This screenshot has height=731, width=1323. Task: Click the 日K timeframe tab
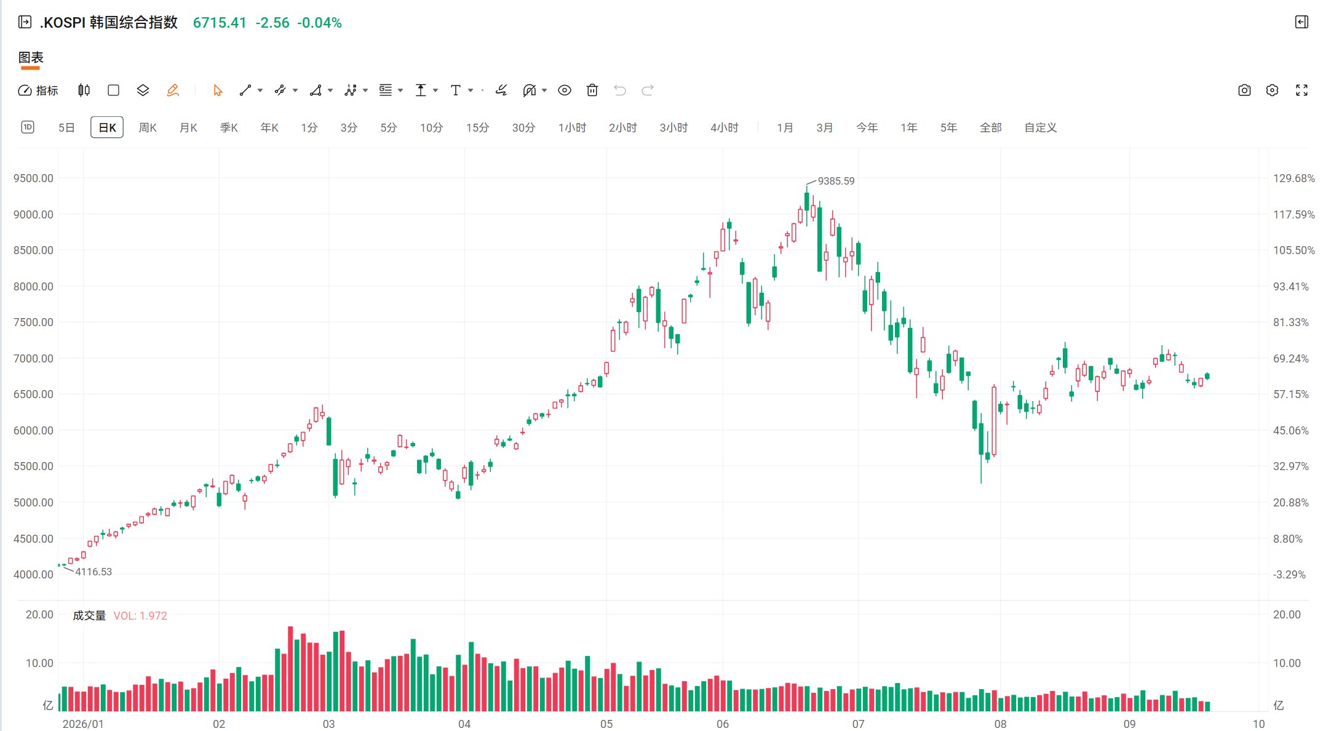[x=107, y=127]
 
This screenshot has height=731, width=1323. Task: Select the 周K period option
[x=148, y=127]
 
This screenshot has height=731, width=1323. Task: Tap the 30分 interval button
[x=523, y=127]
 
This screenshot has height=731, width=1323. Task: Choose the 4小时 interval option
[x=724, y=127]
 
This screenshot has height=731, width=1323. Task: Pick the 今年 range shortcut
[x=867, y=127]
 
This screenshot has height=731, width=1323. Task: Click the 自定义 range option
[x=1040, y=127]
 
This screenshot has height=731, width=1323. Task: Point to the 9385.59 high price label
[x=836, y=181]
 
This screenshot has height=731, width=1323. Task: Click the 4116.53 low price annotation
[x=93, y=572]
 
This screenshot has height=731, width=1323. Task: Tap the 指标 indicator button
[x=38, y=90]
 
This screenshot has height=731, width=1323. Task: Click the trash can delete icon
[x=592, y=90]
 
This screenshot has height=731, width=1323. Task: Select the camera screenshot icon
[x=1244, y=90]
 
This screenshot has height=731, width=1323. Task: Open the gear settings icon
[x=1272, y=90]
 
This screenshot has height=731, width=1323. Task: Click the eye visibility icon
[x=564, y=90]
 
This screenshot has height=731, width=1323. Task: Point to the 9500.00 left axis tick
[x=33, y=178]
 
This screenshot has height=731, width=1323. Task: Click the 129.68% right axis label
[x=1293, y=178]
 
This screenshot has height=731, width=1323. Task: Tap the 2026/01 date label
[x=83, y=724]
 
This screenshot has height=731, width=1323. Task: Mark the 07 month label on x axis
[x=858, y=724]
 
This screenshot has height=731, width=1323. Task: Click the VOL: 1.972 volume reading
[x=140, y=616]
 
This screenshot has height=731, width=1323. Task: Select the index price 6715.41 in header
[x=220, y=23]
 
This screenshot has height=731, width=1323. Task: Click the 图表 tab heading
[x=31, y=58]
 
